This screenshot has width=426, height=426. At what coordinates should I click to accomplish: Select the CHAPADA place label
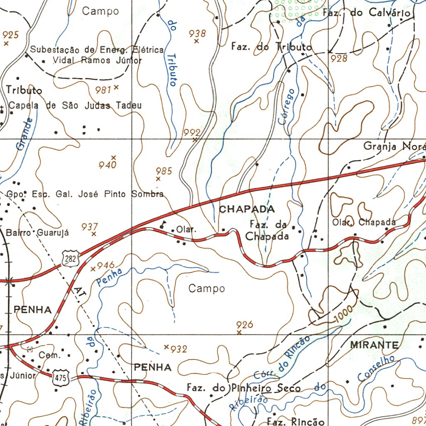pyautogui.click(x=247, y=209)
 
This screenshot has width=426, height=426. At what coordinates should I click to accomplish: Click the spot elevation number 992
pyautogui.click(x=192, y=132)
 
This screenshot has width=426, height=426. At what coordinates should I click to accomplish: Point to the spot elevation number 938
pyautogui.click(x=197, y=33)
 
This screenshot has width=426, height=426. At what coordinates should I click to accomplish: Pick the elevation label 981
pyautogui.click(x=103, y=90)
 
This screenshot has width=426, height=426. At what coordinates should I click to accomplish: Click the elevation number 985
pyautogui.click(x=163, y=171)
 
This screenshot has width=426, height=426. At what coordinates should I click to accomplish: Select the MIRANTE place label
pyautogui.click(x=374, y=345)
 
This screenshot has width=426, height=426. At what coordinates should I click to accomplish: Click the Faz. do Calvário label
pyautogui.click(x=367, y=13)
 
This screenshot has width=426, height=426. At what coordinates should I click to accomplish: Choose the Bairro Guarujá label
pyautogui.click(x=37, y=233)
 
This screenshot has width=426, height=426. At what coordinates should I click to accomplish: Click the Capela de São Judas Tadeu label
pyautogui.click(x=75, y=106)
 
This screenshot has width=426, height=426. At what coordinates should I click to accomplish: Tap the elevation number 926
pyautogui.click(x=245, y=324)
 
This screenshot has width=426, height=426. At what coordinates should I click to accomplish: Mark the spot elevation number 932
pyautogui.click(x=179, y=349)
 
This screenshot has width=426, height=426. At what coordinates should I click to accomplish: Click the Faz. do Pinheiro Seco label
pyautogui.click(x=243, y=388)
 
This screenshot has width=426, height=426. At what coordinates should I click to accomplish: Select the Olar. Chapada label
pyautogui.click(x=364, y=222)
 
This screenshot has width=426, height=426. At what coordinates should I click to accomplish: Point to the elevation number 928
pyautogui.click(x=339, y=59)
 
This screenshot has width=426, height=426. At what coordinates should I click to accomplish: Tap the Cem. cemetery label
pyautogui.click(x=50, y=355)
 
